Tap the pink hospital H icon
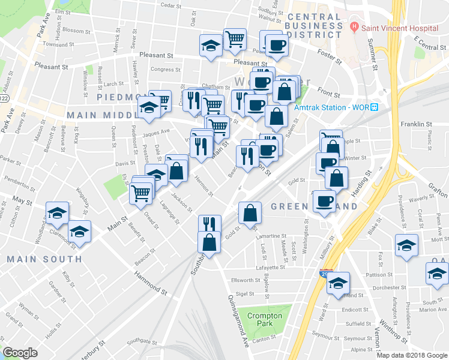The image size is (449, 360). click(x=355, y=26)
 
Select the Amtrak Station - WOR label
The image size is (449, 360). click(x=331, y=107)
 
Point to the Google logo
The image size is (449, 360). click(x=20, y=352)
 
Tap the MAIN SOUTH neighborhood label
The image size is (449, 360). click(x=44, y=259)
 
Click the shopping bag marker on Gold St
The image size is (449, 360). click(x=250, y=212)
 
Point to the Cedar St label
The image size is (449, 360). click(x=171, y=5)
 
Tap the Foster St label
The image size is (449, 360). click(x=329, y=58)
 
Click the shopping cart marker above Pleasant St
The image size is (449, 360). click(x=235, y=39)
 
